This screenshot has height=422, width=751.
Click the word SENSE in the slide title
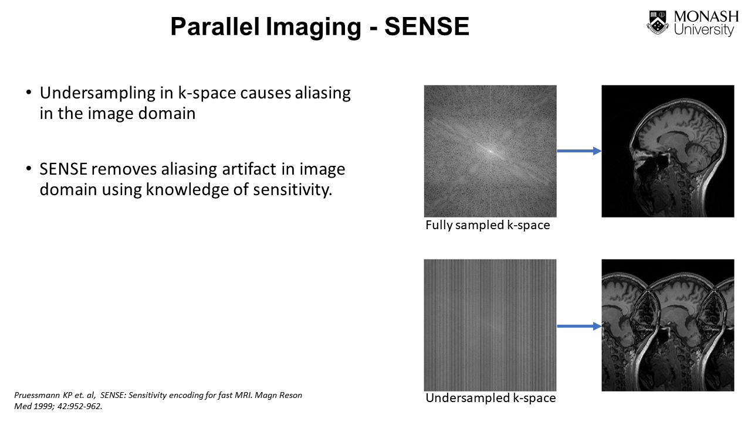tap(427, 26)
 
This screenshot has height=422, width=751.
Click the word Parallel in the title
tap(215, 26)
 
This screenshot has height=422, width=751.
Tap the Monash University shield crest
tap(658, 22)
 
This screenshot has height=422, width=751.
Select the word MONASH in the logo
tap(706, 17)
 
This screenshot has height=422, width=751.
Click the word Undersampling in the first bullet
tap(97, 93)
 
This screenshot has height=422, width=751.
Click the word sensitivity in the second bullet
tap(292, 189)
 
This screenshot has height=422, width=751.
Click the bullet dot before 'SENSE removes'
tap(29, 168)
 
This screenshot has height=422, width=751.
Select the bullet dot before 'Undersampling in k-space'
tap(29, 92)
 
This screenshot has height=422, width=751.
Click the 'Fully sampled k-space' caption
tap(488, 225)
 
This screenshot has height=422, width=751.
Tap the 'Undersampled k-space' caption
tap(491, 398)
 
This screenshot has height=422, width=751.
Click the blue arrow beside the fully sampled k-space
tap(579, 151)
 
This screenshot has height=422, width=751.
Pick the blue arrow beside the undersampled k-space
tap(579, 326)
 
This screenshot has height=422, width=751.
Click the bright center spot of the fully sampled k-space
tap(490, 151)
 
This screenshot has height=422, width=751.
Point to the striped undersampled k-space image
tap(490, 325)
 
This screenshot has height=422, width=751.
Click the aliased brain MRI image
tap(668, 325)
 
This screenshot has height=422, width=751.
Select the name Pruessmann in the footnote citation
tap(37, 396)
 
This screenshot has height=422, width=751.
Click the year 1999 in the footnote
tap(43, 406)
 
